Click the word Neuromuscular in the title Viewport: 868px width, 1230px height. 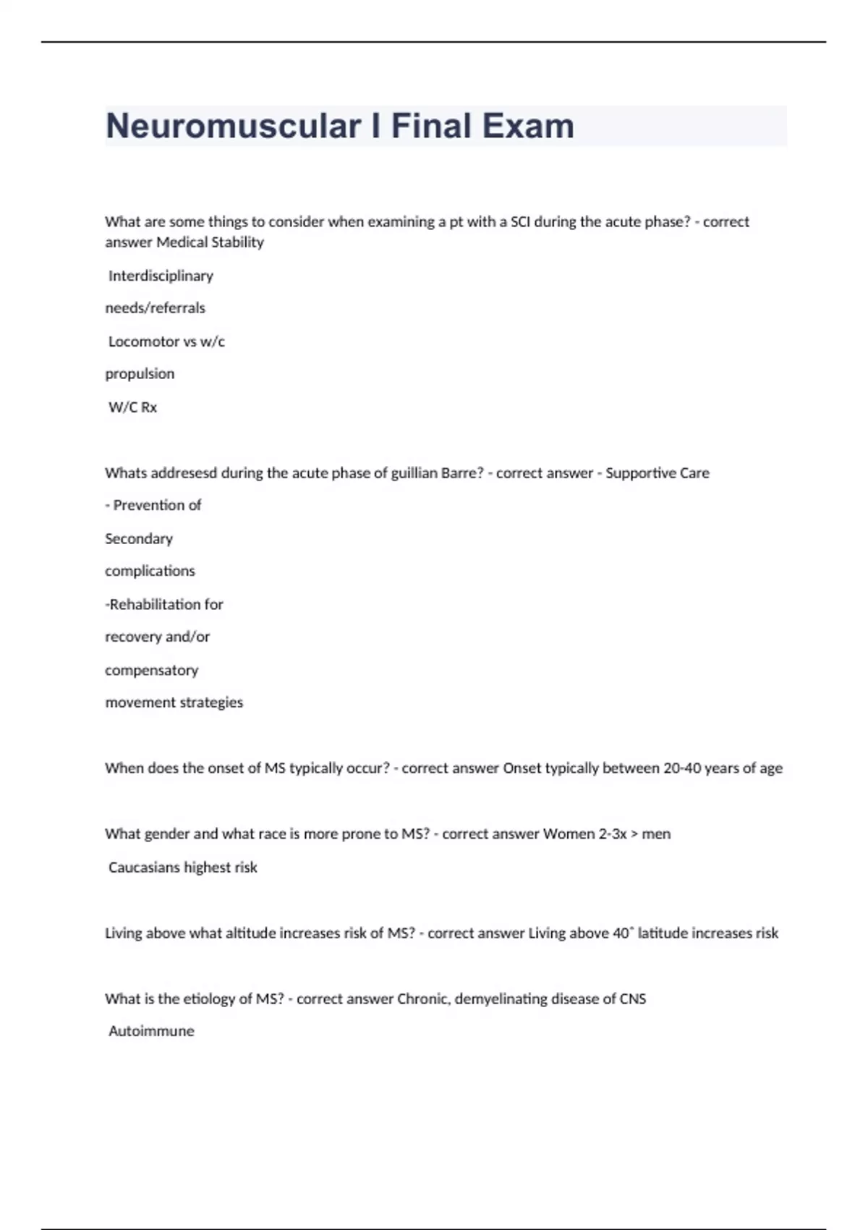click(x=233, y=127)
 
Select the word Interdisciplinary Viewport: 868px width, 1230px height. click(x=161, y=276)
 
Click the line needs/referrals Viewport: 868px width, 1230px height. click(x=155, y=308)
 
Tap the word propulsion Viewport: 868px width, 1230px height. click(x=140, y=374)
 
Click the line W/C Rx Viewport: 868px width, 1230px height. click(x=132, y=407)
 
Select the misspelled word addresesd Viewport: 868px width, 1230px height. click(x=183, y=473)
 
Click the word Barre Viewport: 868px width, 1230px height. click(x=461, y=473)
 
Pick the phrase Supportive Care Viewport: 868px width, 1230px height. click(x=657, y=473)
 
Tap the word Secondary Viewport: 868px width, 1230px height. click(x=139, y=539)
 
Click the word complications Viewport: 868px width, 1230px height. click(x=150, y=571)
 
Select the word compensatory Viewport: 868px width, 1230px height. click(x=151, y=670)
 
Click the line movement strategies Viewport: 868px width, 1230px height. click(x=174, y=703)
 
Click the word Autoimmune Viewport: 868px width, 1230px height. click(x=151, y=1031)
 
